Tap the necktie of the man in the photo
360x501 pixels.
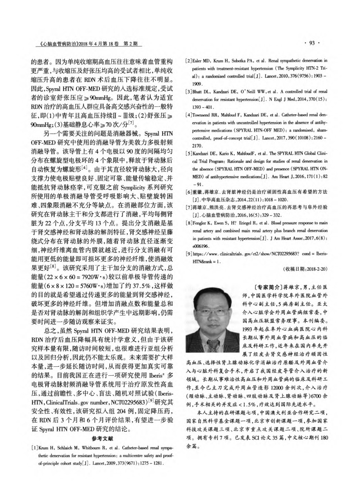click(214, 336)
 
